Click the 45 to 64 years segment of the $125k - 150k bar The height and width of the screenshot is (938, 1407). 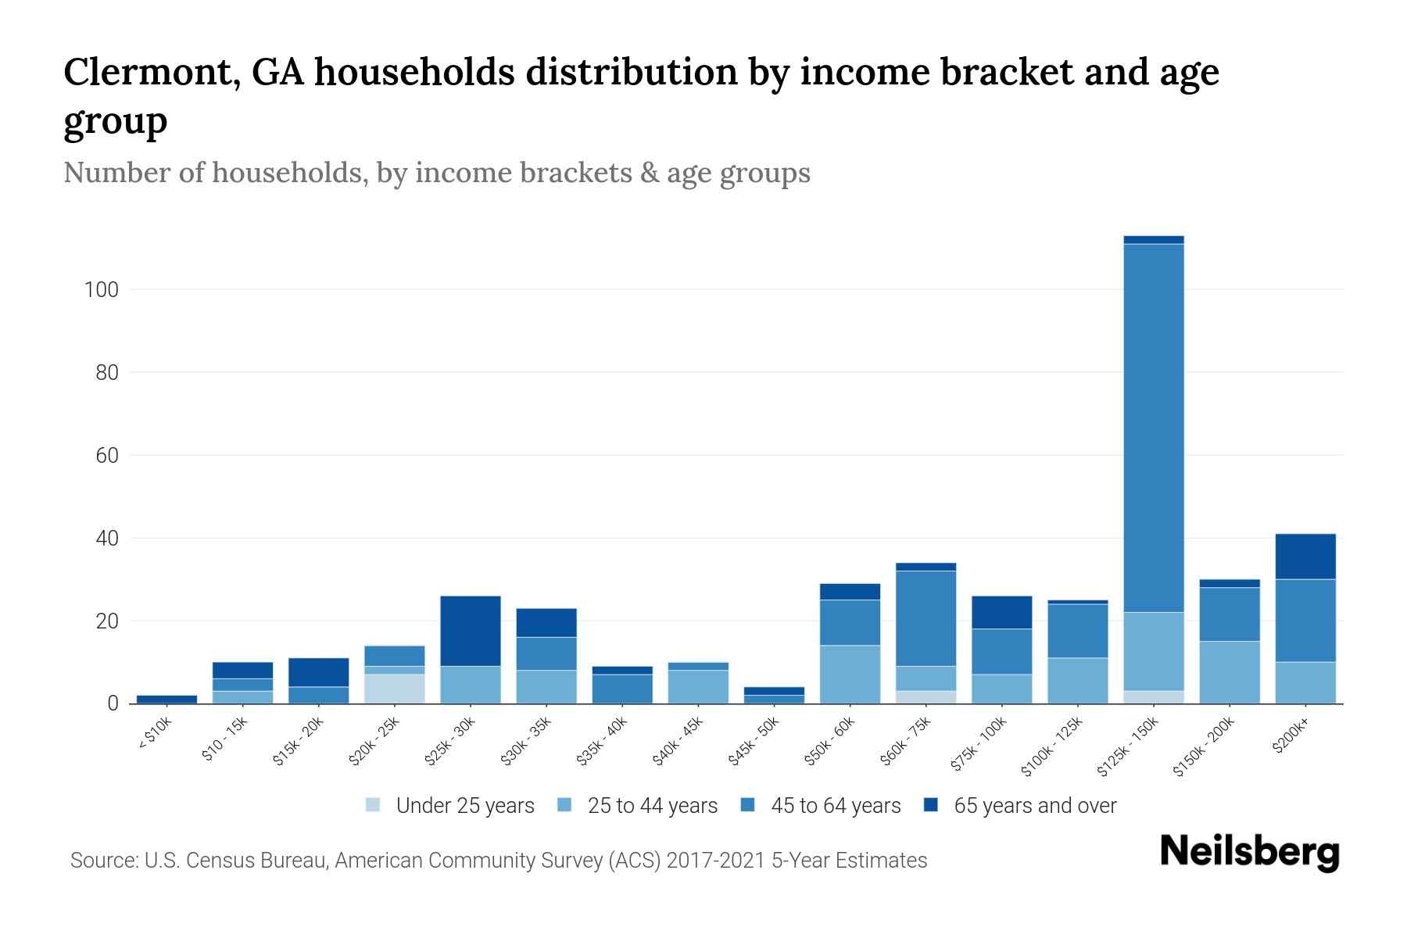[x=1153, y=428]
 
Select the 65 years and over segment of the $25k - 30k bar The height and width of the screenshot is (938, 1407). [x=471, y=631]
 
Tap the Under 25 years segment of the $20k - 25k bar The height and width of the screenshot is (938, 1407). [x=395, y=689]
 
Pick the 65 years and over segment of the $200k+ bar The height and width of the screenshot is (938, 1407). [x=1305, y=556]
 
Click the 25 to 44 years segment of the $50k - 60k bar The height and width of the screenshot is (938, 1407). [x=850, y=674]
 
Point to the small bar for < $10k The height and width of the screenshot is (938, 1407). [x=166, y=699]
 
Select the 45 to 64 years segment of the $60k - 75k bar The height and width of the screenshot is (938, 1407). [x=925, y=618]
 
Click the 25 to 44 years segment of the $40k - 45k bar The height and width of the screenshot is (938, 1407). [x=698, y=686]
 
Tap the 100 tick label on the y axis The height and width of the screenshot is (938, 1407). [x=101, y=290]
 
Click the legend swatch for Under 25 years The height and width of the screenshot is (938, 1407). [x=374, y=805]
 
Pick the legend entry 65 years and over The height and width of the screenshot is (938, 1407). [x=1034, y=805]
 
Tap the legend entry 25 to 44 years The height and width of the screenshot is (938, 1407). [x=652, y=805]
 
